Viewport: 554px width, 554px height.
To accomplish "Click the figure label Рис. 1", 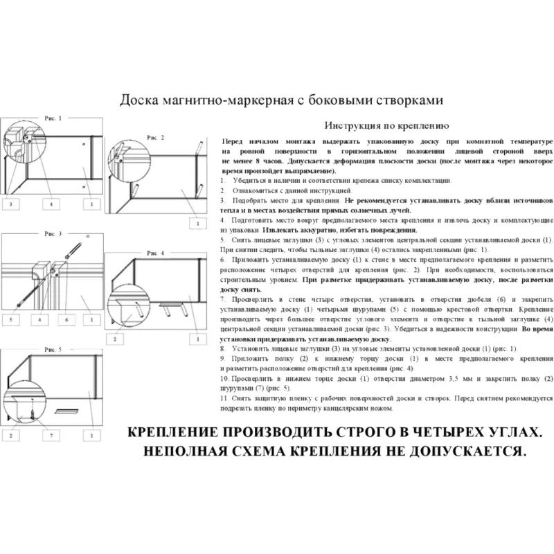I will [x=53, y=119].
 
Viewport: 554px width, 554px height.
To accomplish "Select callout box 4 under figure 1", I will [x=51, y=204].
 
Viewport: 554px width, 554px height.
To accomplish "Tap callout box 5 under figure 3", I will [x=12, y=320].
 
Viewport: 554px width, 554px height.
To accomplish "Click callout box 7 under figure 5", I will [x=51, y=435].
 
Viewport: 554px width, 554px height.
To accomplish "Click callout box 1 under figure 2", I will [x=197, y=224].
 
